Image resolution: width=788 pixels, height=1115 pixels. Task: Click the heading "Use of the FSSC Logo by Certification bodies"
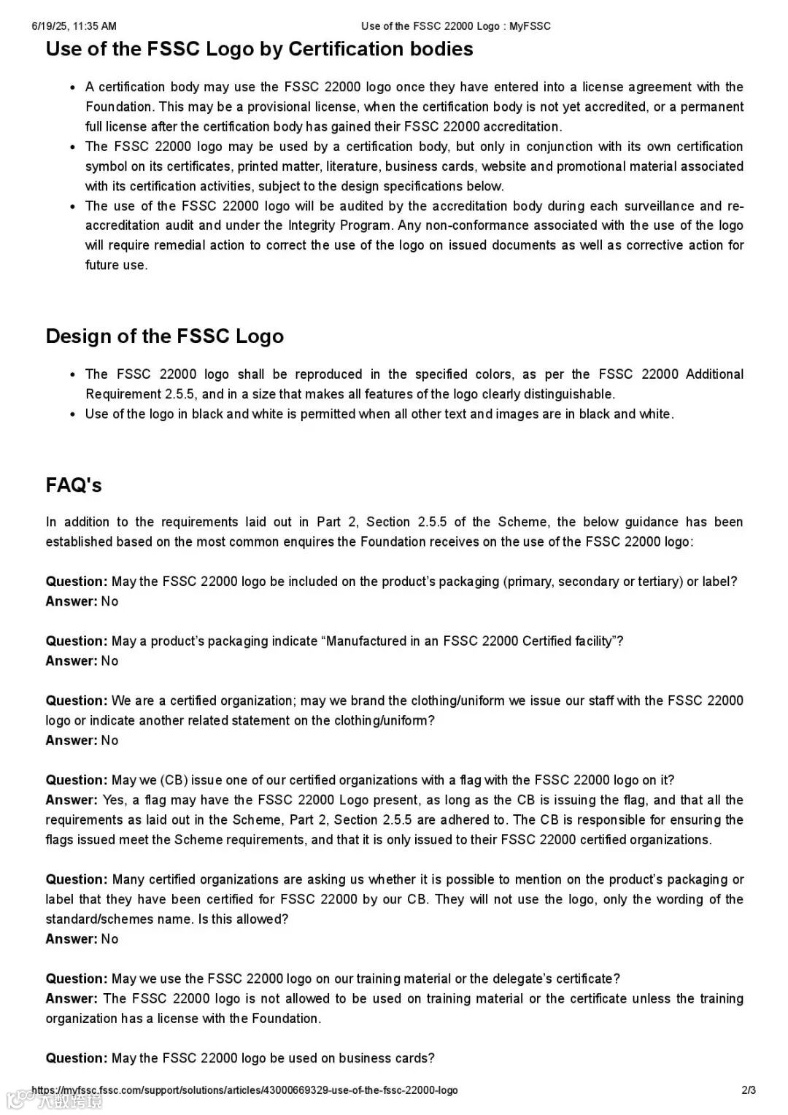(x=259, y=49)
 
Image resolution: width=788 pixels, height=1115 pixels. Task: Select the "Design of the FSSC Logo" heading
(x=164, y=336)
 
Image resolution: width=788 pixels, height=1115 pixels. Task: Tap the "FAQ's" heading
(x=73, y=485)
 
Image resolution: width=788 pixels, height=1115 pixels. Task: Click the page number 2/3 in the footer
(x=749, y=1090)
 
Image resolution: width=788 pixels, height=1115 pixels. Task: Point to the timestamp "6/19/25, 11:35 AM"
(x=74, y=26)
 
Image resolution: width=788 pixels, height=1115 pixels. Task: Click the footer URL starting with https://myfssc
(x=244, y=1090)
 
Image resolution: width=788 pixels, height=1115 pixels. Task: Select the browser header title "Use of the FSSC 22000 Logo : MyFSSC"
(x=455, y=26)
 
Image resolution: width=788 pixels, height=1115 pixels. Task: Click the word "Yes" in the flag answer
(x=113, y=800)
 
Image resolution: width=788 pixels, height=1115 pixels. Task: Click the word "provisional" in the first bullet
(x=278, y=107)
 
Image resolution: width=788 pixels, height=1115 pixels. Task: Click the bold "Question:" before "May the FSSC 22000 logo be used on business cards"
(x=77, y=1058)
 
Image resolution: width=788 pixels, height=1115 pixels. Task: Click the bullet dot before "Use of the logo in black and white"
(x=72, y=414)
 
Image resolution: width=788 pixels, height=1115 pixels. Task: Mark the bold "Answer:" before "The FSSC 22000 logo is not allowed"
(x=72, y=998)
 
